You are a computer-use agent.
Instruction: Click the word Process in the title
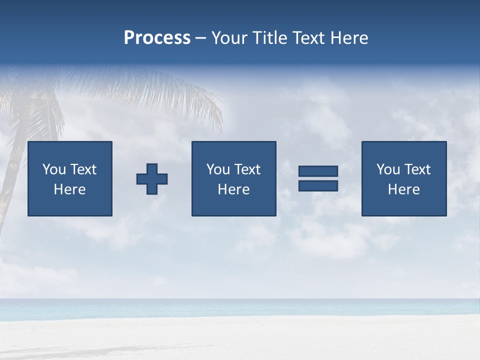(x=157, y=38)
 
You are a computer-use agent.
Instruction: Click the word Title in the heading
(x=268, y=38)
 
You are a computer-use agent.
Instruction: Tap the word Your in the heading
(x=229, y=38)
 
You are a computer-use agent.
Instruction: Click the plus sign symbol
(x=152, y=179)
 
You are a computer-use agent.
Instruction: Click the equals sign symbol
(x=318, y=178)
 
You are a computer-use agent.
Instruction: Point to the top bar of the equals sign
(x=318, y=171)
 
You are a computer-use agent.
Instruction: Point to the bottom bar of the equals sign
(x=318, y=186)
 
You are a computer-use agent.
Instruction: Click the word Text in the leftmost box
(x=83, y=169)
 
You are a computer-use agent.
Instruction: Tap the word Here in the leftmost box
(x=69, y=189)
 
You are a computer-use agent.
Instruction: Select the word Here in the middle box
(x=233, y=189)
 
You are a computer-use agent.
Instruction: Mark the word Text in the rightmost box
(x=417, y=169)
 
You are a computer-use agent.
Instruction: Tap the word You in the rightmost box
(x=388, y=169)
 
